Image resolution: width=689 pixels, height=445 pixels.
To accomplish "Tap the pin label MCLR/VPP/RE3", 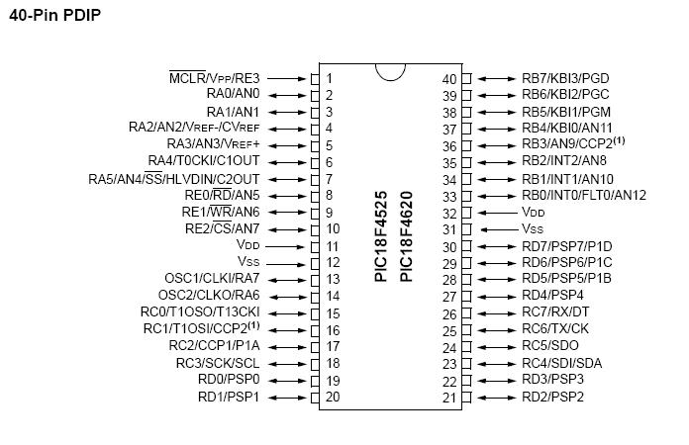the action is pos(214,78).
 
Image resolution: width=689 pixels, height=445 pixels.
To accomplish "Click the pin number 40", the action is pos(449,78).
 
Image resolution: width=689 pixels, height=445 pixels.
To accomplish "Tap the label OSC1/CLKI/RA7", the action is pos(212,279).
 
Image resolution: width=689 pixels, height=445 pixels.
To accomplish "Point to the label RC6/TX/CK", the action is pos(555,329).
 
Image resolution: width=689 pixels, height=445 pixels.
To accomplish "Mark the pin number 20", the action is pos(332,397).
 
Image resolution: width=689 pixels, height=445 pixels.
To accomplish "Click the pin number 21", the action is pos(449,397).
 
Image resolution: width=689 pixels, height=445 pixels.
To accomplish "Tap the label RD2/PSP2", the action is pos(552,397).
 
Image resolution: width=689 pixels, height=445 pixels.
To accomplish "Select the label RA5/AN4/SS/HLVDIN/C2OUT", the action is pos(173,179).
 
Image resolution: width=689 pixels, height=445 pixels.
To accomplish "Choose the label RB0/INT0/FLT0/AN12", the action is pos(583,196).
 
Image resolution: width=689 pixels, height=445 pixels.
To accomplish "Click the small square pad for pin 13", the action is pos(316,280).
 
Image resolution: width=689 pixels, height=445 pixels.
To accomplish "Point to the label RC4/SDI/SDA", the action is pos(560,363).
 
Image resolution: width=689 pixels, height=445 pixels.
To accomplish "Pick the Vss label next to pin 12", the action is pos(247,262).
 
